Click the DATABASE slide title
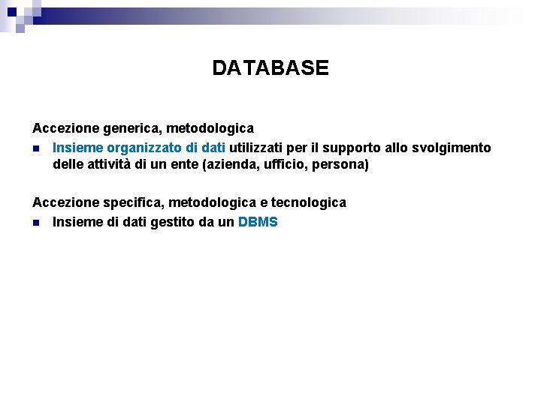tap(270, 68)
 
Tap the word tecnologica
tap(309, 202)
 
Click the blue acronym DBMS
tap(258, 222)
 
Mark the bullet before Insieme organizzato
tap(36, 148)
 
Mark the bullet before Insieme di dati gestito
tap(36, 223)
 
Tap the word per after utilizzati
tap(301, 148)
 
